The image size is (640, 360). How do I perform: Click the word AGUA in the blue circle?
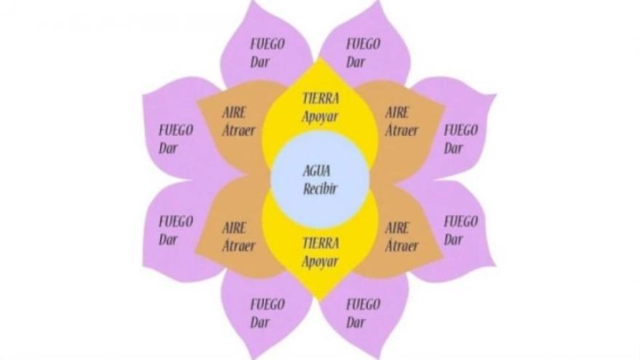[316, 171]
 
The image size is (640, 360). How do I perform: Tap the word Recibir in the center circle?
[320, 189]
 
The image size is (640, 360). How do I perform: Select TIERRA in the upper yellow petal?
[321, 98]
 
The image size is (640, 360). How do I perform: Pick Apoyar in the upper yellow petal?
[320, 117]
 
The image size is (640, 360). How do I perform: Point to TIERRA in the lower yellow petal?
[321, 243]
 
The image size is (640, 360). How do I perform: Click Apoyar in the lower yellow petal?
[320, 262]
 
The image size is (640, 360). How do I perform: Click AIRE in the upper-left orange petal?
[234, 112]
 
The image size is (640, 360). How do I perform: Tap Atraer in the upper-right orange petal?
[401, 131]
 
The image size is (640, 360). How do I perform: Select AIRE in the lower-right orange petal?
[397, 228]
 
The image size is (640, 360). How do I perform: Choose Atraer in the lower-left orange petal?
[239, 246]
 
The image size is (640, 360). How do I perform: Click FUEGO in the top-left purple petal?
[268, 44]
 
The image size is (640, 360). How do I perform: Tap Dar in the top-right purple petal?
[356, 63]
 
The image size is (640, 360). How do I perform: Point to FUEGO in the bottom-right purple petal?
[363, 305]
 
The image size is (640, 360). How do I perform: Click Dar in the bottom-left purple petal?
[260, 323]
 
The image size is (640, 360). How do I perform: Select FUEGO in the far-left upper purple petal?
[176, 131]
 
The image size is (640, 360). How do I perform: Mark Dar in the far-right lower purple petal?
[453, 239]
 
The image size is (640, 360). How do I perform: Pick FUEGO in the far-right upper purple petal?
[461, 131]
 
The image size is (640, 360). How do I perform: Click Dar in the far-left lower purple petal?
[168, 239]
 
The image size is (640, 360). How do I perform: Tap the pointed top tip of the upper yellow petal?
[320, 57]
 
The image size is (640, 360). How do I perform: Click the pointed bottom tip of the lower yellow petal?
[320, 302]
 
